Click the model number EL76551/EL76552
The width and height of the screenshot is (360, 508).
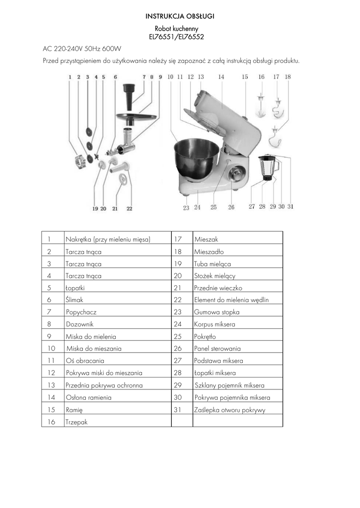pos(177,37)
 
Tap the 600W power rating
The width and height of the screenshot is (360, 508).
pos(112,49)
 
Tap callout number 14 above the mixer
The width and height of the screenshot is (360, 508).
pos(221,77)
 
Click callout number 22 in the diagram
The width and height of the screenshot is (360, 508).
pos(129,209)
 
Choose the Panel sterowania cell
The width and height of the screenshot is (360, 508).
pos(217,348)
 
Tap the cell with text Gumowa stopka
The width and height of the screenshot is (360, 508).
pos(217,312)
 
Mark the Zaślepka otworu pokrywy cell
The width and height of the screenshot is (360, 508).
pos(230,410)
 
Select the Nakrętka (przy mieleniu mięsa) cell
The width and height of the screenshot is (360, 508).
pos(107,239)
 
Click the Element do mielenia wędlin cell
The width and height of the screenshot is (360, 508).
pos(231,300)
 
